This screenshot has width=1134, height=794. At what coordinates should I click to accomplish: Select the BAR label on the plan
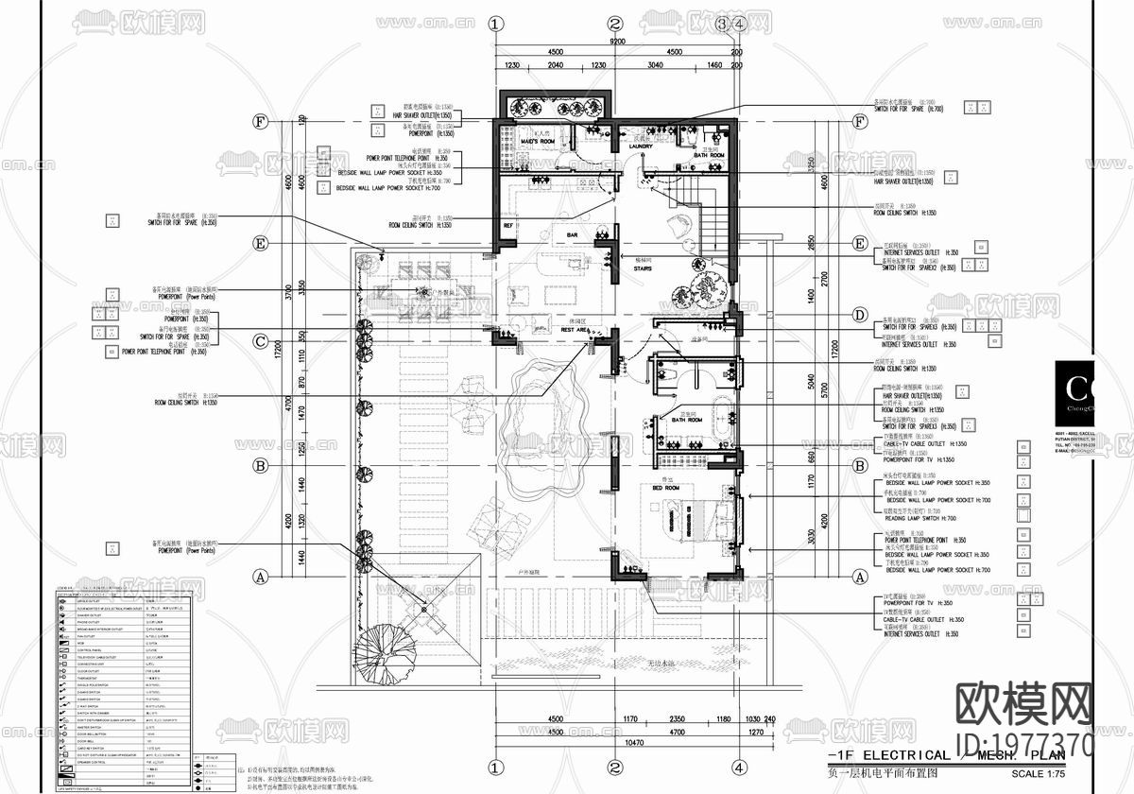(572, 234)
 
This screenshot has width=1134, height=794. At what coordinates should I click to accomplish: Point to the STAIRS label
(644, 268)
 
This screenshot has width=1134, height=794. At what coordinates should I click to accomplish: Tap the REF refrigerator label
(508, 227)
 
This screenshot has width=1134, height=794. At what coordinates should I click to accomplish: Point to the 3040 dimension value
(655, 65)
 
